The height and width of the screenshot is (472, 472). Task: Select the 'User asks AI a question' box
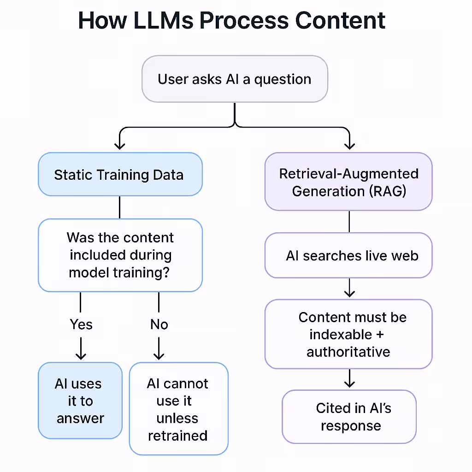(x=235, y=79)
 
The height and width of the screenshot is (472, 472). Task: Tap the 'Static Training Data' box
(x=120, y=175)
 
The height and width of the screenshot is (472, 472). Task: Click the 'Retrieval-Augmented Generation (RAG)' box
(x=348, y=182)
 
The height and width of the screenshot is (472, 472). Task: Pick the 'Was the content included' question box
(x=120, y=255)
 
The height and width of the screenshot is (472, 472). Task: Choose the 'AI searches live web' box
(x=348, y=256)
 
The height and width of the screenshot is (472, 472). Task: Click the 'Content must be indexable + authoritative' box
(x=348, y=334)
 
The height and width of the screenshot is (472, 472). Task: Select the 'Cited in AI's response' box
(x=349, y=417)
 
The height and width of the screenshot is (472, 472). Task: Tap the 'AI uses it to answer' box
(x=80, y=401)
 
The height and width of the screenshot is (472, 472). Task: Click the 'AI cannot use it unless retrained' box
(x=178, y=409)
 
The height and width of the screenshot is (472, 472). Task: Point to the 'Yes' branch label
(x=81, y=324)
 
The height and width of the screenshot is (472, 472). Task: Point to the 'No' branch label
(x=159, y=324)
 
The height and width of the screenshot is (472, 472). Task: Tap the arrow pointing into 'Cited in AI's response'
(x=349, y=380)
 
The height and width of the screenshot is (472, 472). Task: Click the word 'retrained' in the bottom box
(x=178, y=435)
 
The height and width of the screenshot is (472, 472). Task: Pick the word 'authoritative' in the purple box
(x=348, y=352)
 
